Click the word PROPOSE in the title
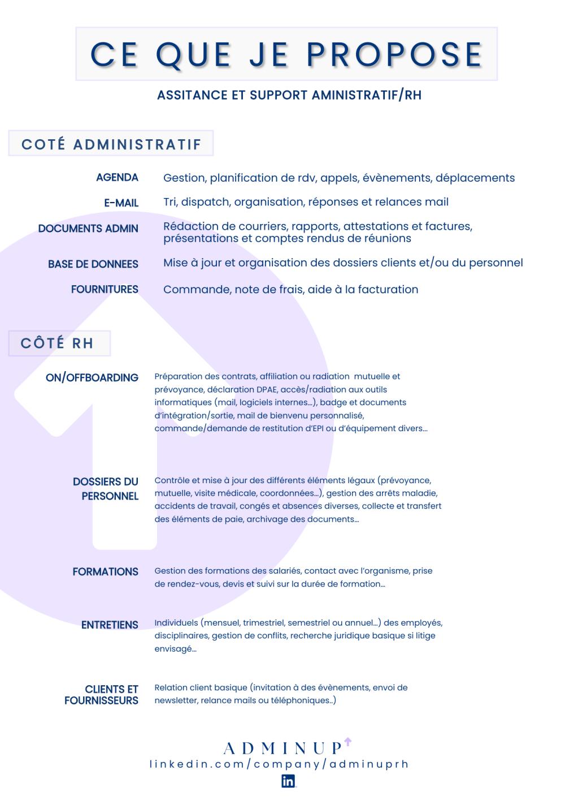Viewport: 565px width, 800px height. click(394, 55)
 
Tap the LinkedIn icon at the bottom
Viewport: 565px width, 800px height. click(288, 781)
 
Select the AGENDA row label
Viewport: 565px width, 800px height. click(117, 178)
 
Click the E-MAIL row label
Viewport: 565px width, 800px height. click(121, 203)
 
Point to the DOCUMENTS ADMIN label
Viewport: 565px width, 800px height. click(88, 229)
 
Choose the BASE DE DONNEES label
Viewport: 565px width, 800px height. click(93, 264)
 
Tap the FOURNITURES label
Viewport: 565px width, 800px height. click(105, 289)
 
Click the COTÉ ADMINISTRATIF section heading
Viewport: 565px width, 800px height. click(111, 144)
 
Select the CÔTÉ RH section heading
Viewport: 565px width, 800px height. click(57, 343)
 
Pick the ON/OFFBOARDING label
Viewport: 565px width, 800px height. click(92, 377)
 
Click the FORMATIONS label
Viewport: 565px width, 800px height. click(105, 571)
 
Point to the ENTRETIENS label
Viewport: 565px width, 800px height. click(110, 625)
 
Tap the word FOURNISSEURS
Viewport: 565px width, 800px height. click(101, 700)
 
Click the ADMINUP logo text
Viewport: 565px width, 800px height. click(283, 749)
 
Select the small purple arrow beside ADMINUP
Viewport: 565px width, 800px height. click(347, 741)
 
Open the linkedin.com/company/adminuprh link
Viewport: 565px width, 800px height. click(279, 764)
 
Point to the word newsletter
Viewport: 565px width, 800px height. click(175, 700)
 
